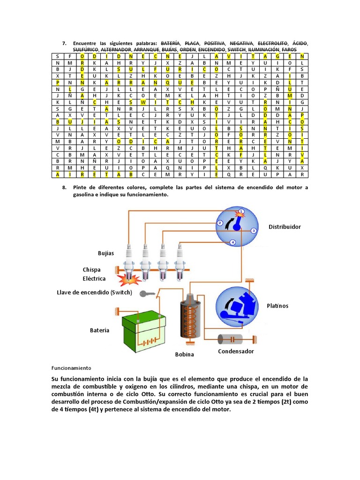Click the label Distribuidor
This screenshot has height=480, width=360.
pos(285,227)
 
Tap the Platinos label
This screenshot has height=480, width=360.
pos(278,306)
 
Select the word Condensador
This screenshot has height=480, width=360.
pos(236,351)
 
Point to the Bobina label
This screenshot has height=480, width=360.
pos(184,354)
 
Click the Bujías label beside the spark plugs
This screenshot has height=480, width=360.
pos(106,253)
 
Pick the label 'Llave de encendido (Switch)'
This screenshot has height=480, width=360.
pos(94,292)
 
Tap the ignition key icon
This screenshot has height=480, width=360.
pos(149,294)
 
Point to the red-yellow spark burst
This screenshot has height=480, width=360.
pos(128,280)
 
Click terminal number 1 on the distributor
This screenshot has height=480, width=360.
pos(241,212)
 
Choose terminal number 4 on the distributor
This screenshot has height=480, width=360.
pos(232,242)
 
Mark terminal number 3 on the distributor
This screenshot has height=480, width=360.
pos(253,231)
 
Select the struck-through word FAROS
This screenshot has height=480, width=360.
pos(289,50)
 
